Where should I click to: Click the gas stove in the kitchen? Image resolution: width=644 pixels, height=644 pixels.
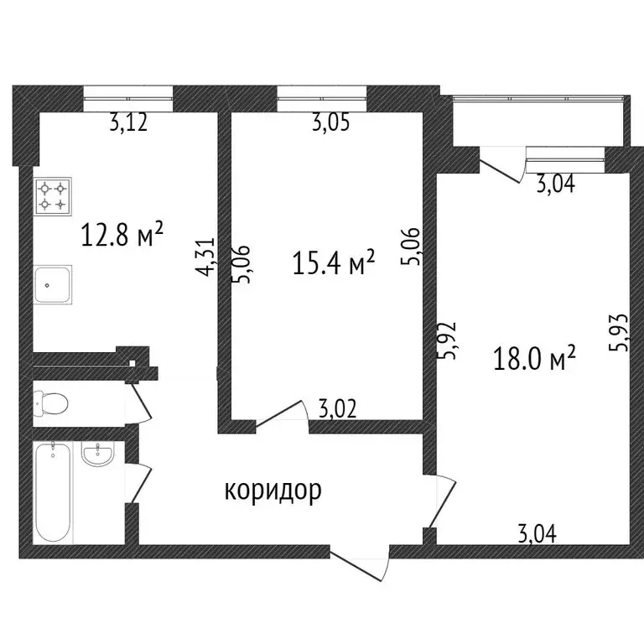(52, 197)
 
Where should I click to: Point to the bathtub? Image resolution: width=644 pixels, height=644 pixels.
(53, 491)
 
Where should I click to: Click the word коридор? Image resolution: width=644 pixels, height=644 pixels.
(273, 491)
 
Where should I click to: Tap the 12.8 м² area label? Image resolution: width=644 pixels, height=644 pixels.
(121, 236)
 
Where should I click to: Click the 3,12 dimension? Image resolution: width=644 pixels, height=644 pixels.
(128, 124)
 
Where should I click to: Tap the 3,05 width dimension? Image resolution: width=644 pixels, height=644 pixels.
(330, 124)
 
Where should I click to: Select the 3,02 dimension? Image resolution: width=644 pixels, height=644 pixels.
(339, 409)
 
